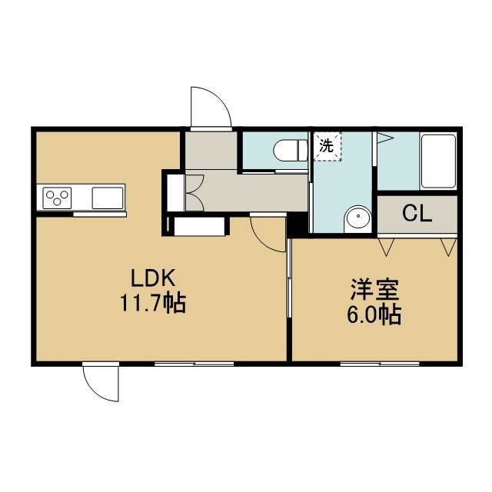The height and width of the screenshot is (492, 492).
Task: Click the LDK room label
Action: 153,278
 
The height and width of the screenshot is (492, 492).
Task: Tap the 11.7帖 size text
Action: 153,303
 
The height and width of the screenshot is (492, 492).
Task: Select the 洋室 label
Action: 374,289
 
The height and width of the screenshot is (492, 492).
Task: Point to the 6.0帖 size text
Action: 374,314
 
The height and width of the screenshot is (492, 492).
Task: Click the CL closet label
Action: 417,214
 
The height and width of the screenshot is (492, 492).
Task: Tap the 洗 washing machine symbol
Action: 327,147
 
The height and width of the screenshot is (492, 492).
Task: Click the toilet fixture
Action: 291,151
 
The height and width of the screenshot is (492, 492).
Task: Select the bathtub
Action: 438,161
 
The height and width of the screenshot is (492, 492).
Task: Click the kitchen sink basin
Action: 108,198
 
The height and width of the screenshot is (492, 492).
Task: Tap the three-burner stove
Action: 57,198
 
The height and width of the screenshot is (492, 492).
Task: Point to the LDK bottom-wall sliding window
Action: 194,364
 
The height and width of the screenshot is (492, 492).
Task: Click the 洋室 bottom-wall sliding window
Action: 380,364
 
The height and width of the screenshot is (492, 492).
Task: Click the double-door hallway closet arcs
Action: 194,193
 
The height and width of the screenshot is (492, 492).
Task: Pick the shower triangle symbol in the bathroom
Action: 385,138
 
